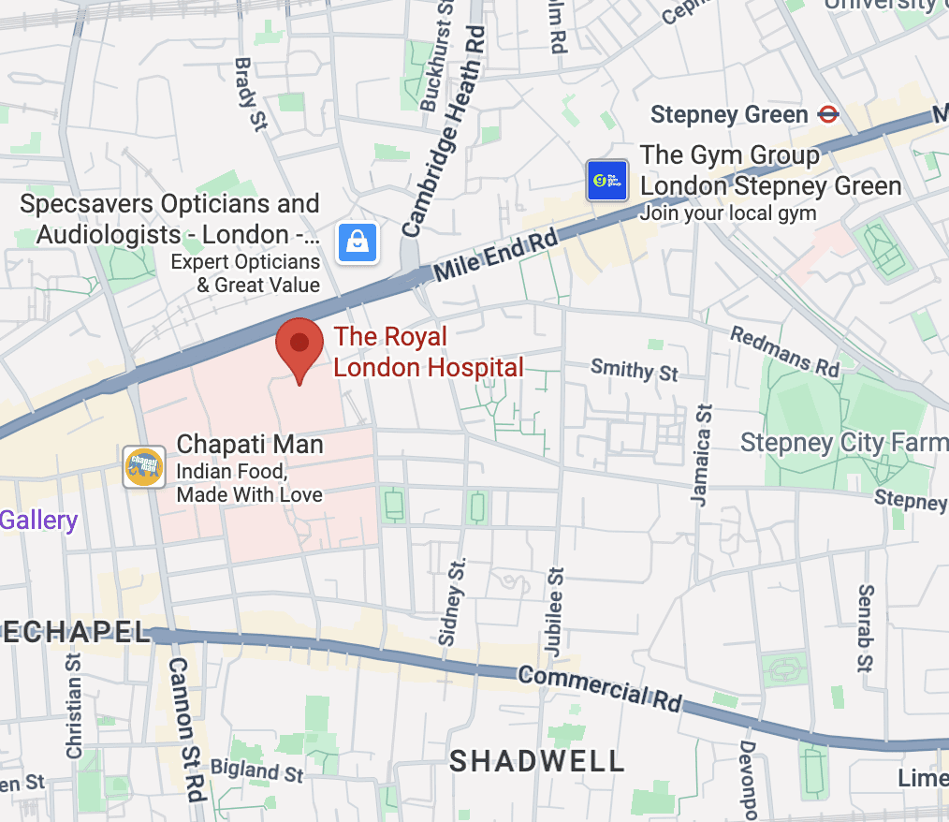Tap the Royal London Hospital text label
coord(428,352)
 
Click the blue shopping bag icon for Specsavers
coord(358,243)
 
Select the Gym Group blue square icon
coord(606,181)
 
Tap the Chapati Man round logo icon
coord(144,466)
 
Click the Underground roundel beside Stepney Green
coord(827,114)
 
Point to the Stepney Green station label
coord(728,115)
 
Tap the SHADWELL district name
coord(536,761)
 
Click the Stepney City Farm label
coord(843,442)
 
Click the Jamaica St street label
coord(702,455)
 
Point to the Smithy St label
coord(634,370)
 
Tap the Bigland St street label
coord(256,771)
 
